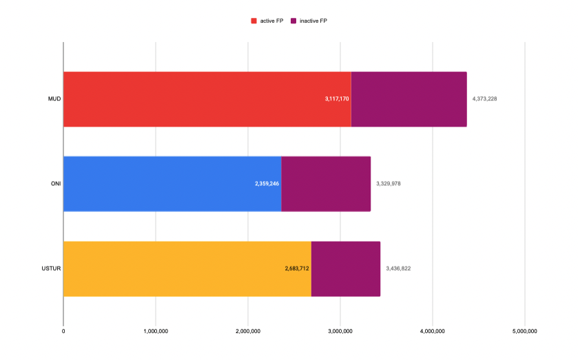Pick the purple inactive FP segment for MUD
click(409, 99)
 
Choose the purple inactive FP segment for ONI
click(326, 184)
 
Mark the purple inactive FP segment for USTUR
click(346, 268)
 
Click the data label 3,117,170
click(337, 99)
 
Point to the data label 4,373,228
click(484, 99)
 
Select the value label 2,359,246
click(267, 184)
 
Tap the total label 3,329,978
click(389, 184)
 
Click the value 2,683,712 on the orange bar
click(297, 268)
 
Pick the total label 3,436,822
click(398, 268)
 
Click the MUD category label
click(54, 99)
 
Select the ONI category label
click(56, 184)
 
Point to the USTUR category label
click(52, 268)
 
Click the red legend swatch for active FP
click(254, 21)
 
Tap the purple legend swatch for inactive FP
click(293, 21)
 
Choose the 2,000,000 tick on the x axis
click(248, 332)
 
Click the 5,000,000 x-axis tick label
click(524, 332)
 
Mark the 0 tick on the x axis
click(63, 332)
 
